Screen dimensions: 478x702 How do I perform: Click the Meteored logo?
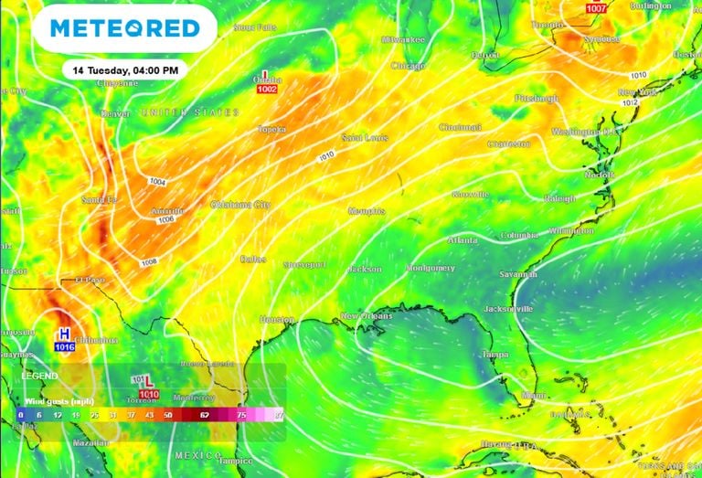pyautogui.click(x=125, y=28)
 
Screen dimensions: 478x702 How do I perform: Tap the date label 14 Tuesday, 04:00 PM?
pyautogui.click(x=126, y=69)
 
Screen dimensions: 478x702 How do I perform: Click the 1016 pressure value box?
pyautogui.click(x=65, y=347)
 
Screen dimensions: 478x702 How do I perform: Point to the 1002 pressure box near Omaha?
pyautogui.click(x=267, y=90)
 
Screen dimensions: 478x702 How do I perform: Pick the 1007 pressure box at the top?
pyautogui.click(x=596, y=8)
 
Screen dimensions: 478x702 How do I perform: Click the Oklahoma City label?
pyautogui.click(x=240, y=204)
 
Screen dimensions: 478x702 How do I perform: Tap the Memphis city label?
pyautogui.click(x=367, y=211)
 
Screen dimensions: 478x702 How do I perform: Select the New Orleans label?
pyautogui.click(x=367, y=316)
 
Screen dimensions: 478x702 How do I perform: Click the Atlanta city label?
pyautogui.click(x=463, y=240)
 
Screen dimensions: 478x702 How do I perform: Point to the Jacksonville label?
pyautogui.click(x=509, y=309)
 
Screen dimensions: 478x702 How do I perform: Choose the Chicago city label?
pyautogui.click(x=408, y=66)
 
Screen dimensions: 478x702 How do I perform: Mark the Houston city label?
pyautogui.click(x=276, y=319)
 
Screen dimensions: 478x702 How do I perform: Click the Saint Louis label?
pyautogui.click(x=364, y=137)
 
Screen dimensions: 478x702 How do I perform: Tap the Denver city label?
pyautogui.click(x=115, y=113)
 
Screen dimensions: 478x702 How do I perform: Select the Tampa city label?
pyautogui.click(x=495, y=354)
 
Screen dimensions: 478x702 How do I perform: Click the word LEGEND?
pyautogui.click(x=39, y=376)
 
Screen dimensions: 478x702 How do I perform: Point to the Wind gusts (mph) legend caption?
pyautogui.click(x=60, y=400)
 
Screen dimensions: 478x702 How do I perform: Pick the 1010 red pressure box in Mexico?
pyautogui.click(x=149, y=394)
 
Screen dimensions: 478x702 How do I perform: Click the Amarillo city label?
pyautogui.click(x=167, y=210)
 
